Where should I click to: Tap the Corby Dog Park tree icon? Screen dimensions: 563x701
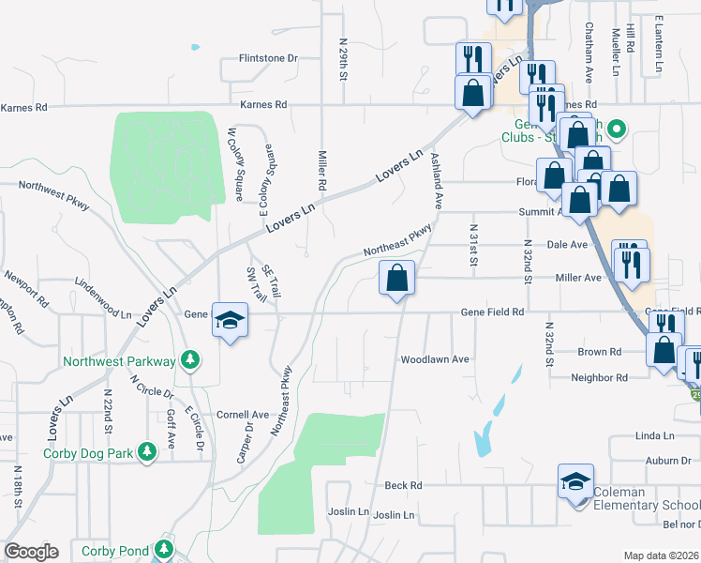147,453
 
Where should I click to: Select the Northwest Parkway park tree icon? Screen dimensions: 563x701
190,360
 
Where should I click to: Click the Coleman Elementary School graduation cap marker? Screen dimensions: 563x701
575,482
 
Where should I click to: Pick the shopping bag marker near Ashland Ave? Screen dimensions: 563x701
397,278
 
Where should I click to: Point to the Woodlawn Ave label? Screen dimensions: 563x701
434,359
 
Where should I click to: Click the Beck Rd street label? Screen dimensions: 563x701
404,485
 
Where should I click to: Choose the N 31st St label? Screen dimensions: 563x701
474,245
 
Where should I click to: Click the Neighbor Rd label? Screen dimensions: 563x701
599,377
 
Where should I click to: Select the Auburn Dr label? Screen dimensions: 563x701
667,461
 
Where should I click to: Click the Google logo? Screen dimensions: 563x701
31,552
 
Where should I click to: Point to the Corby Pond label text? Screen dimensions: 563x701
114,551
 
